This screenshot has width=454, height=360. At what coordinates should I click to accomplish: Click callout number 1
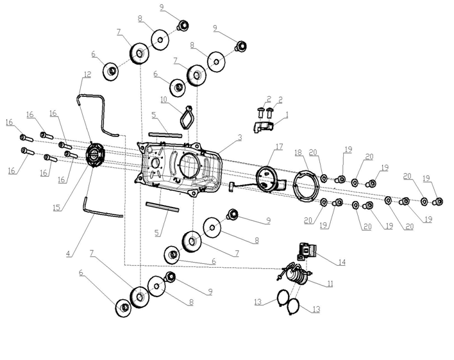[287, 115]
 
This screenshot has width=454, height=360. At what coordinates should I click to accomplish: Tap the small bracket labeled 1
[264, 126]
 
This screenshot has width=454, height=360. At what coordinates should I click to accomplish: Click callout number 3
[239, 138]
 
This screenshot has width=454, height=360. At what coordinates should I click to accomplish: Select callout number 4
[68, 254]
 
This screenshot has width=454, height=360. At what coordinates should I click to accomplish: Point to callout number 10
[164, 100]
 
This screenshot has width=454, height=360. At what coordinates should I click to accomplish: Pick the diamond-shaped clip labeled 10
[187, 117]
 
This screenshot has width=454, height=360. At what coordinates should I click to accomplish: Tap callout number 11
[330, 284]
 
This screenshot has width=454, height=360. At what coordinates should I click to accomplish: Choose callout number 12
[87, 74]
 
